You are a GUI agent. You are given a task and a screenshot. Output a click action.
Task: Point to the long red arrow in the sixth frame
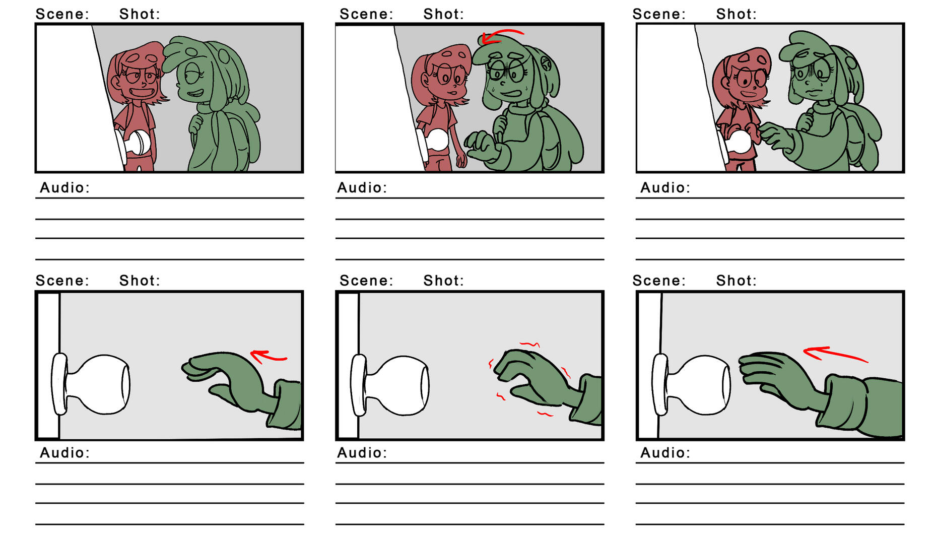[834, 354]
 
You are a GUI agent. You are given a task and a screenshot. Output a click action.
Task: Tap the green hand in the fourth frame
[227, 375]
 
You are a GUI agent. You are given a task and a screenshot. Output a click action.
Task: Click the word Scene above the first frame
[62, 14]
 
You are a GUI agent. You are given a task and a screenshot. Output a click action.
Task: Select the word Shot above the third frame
[736, 14]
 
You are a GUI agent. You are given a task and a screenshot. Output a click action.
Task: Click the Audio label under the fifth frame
[362, 453]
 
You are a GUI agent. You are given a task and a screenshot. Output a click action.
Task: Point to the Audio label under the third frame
[665, 188]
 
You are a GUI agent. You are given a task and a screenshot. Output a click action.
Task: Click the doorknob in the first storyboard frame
[138, 143]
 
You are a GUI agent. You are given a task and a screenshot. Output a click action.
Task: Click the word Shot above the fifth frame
[443, 281]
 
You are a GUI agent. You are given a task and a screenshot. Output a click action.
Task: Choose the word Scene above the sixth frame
[659, 281]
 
